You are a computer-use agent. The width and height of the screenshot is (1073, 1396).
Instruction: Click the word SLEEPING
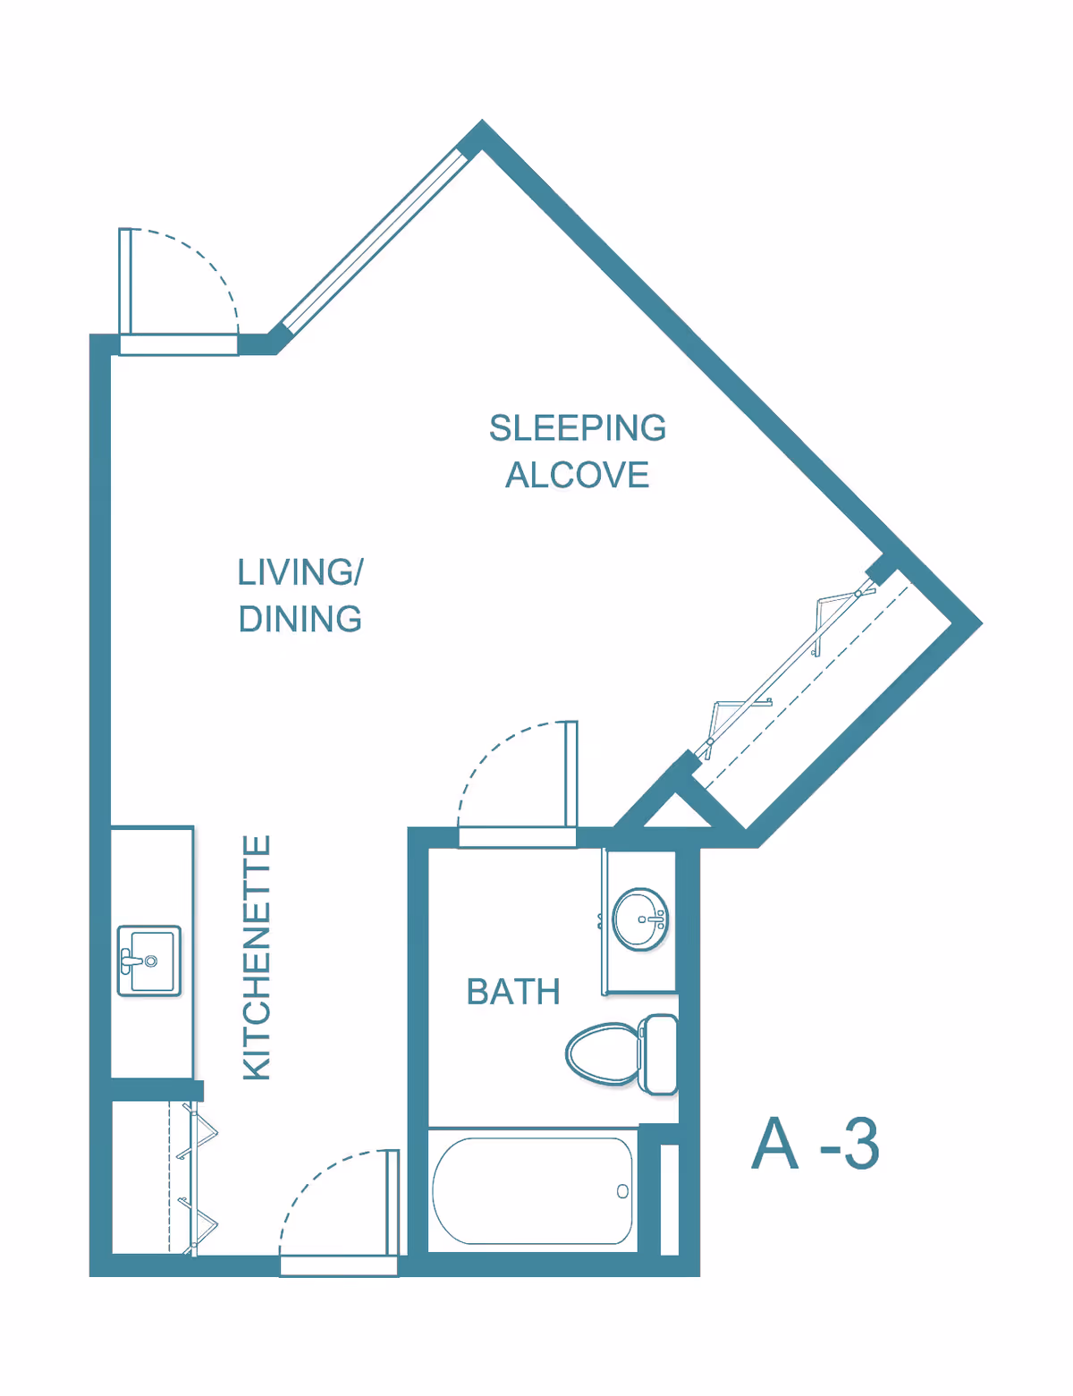point(577,428)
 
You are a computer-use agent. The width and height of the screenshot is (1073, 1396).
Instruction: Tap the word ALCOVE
point(577,475)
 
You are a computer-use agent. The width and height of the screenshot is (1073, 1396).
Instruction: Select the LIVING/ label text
point(300,572)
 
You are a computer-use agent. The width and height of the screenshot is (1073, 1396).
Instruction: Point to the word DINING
point(300,619)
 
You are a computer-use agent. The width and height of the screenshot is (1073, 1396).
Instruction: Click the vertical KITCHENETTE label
point(258,957)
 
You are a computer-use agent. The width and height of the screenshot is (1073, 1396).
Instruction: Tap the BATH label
point(513,992)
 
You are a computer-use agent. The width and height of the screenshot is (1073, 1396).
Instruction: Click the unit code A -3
point(815,1144)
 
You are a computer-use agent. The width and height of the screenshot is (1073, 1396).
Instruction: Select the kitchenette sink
point(149,960)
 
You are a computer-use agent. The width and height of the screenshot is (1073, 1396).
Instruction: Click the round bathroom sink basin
point(640,918)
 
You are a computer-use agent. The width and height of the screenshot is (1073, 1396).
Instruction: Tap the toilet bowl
point(603,1053)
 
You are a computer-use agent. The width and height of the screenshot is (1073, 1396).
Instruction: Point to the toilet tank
point(660,1053)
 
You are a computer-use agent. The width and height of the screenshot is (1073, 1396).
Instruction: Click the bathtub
point(532,1190)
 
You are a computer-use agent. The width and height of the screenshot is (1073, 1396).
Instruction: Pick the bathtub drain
point(622,1191)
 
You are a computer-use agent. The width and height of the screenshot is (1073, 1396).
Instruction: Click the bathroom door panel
point(571,774)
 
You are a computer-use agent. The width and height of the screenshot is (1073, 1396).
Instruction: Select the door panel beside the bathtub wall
point(392,1203)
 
